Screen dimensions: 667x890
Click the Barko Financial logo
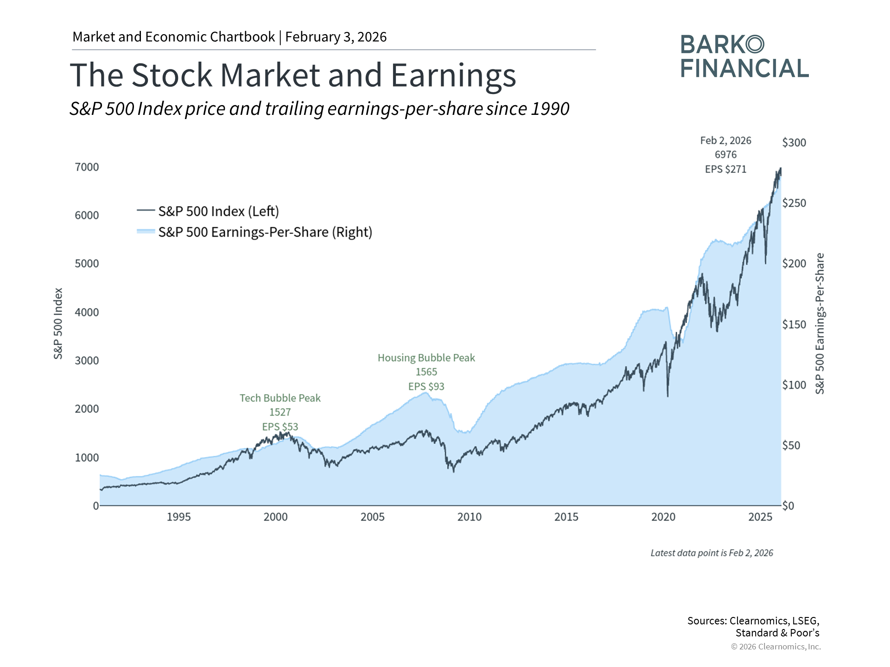pos(744,57)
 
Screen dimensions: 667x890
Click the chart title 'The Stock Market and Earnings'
pos(293,75)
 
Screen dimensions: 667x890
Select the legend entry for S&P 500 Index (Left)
pos(218,211)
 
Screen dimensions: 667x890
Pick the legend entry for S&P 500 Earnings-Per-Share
pos(265,232)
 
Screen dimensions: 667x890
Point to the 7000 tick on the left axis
pos(87,167)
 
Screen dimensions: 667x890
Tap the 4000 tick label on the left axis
pos(87,312)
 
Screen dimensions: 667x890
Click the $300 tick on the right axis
pos(794,143)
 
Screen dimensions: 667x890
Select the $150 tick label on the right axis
pos(794,324)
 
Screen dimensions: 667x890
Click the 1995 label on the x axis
pos(178,517)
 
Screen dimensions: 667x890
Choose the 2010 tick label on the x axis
pos(469,517)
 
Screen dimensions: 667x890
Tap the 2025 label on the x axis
pos(760,517)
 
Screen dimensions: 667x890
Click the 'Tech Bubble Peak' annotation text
pos(280,398)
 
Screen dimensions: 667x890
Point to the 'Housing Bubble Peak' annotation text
pos(426,358)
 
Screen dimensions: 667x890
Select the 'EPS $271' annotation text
pos(725,169)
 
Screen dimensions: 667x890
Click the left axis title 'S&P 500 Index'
pos(58,323)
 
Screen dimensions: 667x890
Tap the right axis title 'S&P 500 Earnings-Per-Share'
pos(820,323)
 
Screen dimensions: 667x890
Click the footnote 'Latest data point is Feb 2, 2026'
pos(712,553)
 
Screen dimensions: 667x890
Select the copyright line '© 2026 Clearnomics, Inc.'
pos(776,647)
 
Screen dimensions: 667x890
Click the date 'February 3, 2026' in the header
pos(336,37)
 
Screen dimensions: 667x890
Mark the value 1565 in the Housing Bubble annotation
pos(426,372)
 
